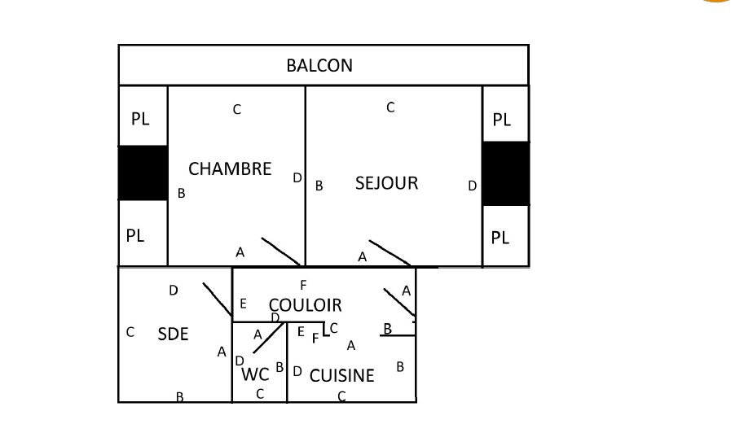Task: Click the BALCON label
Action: [319, 65]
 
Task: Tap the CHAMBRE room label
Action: [230, 169]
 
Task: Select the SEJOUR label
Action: [386, 183]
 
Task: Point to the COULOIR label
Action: [306, 305]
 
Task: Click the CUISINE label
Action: [342, 375]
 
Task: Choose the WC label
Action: [256, 375]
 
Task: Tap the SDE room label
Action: [173, 334]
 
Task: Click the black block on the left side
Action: [143, 173]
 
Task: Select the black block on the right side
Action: [505, 173]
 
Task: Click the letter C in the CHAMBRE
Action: [237, 109]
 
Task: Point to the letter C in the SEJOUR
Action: [390, 107]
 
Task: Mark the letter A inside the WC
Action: [258, 335]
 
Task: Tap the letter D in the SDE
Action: [174, 290]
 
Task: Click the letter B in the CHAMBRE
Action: [182, 194]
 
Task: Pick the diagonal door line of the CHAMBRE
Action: [281, 251]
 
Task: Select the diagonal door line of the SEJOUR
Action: [390, 253]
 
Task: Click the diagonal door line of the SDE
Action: [217, 300]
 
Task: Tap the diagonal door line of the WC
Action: [268, 338]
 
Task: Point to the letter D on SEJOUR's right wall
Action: [472, 186]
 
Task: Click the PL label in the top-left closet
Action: [140, 119]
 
